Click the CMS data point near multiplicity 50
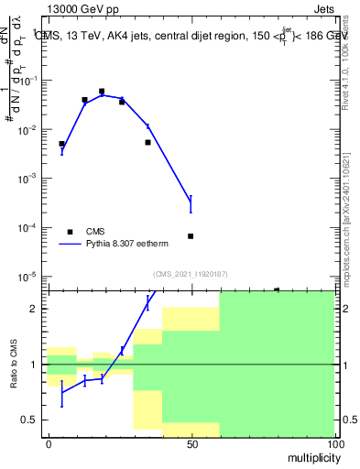pos(191,236)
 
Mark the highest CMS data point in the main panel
pos(102,92)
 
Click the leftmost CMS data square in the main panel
pos(61,144)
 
